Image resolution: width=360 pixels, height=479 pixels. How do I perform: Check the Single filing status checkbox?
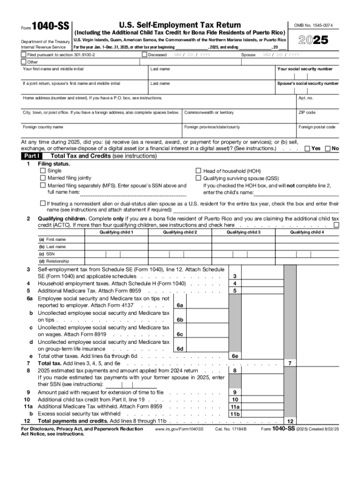(x=43, y=171)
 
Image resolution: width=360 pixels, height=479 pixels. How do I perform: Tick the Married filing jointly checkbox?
(x=43, y=178)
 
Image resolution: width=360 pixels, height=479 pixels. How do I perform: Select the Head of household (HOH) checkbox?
(x=198, y=171)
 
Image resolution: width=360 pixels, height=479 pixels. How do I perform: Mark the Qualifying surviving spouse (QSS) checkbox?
(x=198, y=178)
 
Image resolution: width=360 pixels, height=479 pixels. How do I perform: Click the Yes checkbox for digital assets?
(x=307, y=148)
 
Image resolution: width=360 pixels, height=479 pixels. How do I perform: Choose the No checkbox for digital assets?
(x=328, y=148)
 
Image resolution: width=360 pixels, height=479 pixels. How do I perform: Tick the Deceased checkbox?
(x=144, y=55)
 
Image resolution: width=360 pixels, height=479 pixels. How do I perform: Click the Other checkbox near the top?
(x=23, y=62)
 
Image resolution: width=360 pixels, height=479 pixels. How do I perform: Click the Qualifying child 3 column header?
(x=244, y=232)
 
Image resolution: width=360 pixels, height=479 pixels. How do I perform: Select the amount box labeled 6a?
(x=180, y=305)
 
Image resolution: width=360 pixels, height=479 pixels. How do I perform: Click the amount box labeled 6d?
(x=180, y=348)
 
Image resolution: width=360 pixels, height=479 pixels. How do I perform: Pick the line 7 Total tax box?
(x=290, y=363)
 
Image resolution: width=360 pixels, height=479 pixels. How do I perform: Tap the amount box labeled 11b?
(x=234, y=414)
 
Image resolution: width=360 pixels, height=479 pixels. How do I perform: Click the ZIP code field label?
(x=307, y=112)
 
